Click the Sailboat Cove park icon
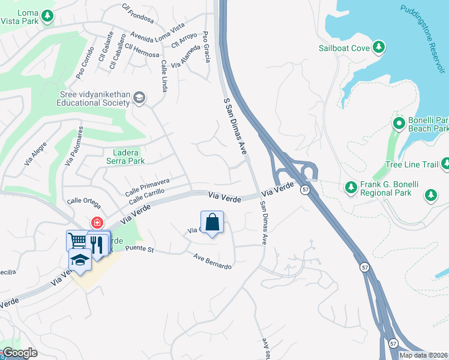click(x=379, y=47)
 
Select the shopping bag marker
click(x=212, y=223)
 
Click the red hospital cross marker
click(x=96, y=223)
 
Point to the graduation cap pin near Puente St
click(x=79, y=259)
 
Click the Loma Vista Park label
click(x=20, y=17)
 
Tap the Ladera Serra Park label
click(x=125, y=157)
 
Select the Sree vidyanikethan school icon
click(x=139, y=98)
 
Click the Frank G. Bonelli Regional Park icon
click(x=351, y=188)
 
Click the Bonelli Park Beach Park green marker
click(x=398, y=124)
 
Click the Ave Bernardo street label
click(x=212, y=262)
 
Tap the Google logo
click(x=19, y=352)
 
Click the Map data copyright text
click(x=423, y=355)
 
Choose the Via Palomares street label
click(x=73, y=148)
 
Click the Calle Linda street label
click(x=163, y=76)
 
